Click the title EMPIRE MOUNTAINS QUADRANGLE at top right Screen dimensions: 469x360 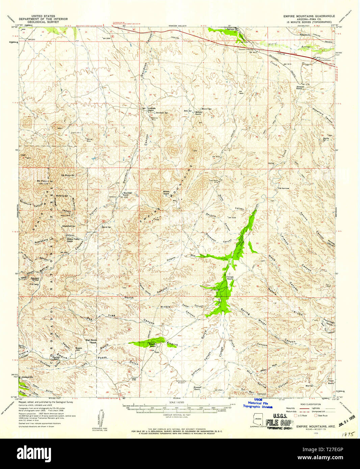[x=309, y=16]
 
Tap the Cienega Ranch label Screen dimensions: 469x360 [x=230, y=278]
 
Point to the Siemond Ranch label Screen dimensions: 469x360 [x=300, y=87]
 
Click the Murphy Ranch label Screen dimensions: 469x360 [x=198, y=113]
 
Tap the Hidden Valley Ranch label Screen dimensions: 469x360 [x=70, y=240]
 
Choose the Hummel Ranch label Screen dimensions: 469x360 [x=197, y=388]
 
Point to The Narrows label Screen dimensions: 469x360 [x=283, y=188]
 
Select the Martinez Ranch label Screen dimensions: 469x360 [x=125, y=194]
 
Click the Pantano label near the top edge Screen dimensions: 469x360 [x=230, y=29]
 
